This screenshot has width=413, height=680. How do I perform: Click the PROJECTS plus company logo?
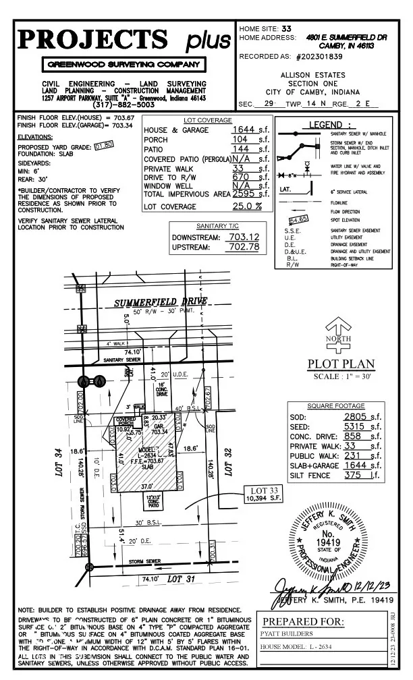(x=125, y=40)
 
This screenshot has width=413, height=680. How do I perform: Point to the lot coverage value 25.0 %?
(x=247, y=205)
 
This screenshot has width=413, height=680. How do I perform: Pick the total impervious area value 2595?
(x=244, y=194)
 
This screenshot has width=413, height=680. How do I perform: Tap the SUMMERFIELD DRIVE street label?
(x=160, y=300)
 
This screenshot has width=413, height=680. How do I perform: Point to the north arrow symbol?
(x=337, y=341)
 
